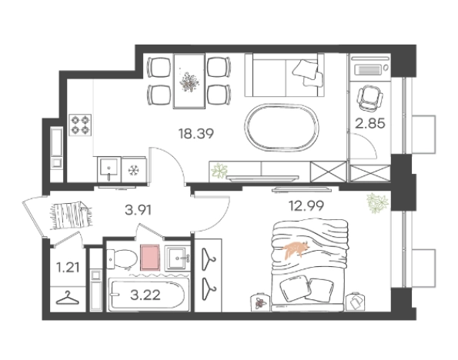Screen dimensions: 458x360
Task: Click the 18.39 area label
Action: click(196, 134)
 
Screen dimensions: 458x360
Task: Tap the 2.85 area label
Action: click(370, 123)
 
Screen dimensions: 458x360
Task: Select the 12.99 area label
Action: click(306, 206)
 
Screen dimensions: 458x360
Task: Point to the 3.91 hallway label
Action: click(138, 210)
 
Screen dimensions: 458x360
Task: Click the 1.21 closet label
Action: click(68, 268)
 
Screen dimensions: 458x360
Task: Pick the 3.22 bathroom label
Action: click(145, 295)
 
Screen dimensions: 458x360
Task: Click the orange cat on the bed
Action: click(296, 249)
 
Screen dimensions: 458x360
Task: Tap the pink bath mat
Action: click(150, 258)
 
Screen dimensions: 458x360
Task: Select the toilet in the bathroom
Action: click(122, 259)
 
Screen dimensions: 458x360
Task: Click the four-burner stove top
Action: click(80, 125)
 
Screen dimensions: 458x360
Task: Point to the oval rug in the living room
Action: click(282, 128)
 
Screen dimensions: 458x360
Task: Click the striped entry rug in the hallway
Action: click(72, 215)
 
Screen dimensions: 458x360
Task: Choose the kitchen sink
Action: click(109, 169)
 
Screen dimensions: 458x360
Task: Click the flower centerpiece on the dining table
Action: click(189, 82)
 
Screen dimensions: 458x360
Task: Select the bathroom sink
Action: click(177, 258)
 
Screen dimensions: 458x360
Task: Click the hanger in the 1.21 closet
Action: click(68, 298)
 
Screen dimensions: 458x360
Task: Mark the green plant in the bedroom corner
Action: click(378, 202)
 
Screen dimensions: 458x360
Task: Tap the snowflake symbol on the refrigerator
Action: click(134, 169)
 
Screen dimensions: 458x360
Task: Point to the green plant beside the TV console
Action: click(219, 171)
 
